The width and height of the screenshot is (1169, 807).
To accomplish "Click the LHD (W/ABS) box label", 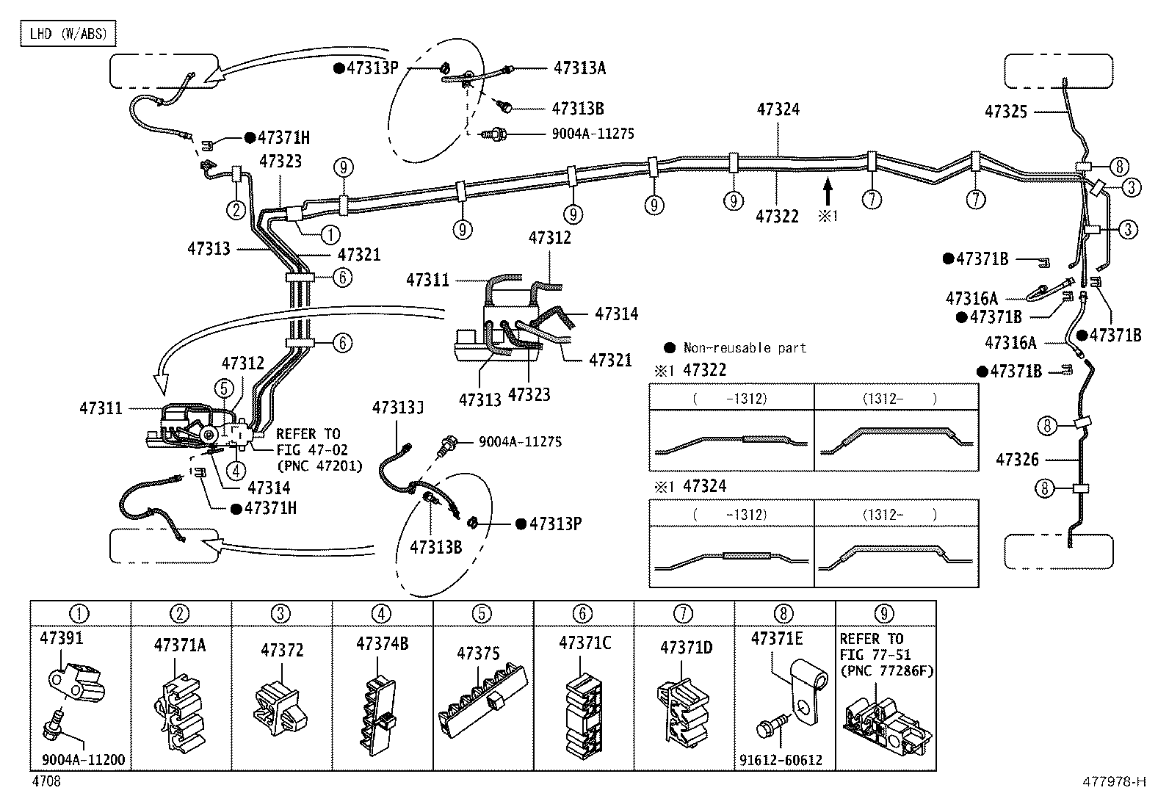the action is click(68, 34).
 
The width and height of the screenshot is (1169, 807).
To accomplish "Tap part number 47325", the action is click(1006, 112).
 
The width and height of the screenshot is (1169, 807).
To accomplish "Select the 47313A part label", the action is click(579, 68).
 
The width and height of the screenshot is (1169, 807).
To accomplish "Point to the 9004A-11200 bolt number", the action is click(84, 759).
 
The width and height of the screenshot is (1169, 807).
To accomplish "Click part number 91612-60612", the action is click(781, 760).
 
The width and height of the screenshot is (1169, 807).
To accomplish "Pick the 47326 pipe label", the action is click(1017, 460).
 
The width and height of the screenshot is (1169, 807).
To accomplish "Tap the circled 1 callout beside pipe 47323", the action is click(330, 235).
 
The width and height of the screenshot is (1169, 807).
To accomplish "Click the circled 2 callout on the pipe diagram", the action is click(236, 210).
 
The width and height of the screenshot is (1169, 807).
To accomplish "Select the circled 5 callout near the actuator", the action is click(224, 388).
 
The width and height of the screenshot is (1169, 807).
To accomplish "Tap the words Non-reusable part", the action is click(745, 347).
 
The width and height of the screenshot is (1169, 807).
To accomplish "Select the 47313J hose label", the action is click(398, 408).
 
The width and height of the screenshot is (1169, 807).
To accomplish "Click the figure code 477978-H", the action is click(1114, 781).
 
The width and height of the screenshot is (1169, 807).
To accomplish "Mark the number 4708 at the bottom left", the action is click(46, 781).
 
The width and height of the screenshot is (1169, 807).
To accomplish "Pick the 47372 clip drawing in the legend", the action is click(281, 706).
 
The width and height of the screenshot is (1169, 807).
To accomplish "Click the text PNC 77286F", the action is click(887, 670).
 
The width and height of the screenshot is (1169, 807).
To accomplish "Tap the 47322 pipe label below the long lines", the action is click(777, 216).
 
